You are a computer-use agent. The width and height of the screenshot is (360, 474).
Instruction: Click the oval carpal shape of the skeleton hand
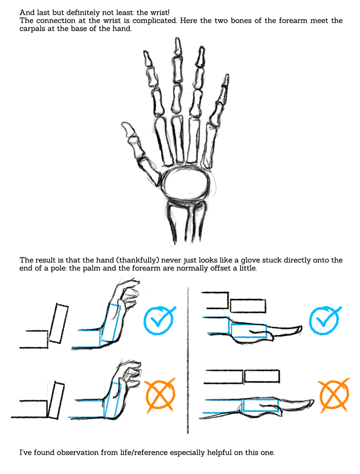[x=186, y=183]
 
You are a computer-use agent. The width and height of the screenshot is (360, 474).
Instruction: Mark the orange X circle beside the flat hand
[x=334, y=395]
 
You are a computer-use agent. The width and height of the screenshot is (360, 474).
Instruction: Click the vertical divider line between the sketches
[x=188, y=360]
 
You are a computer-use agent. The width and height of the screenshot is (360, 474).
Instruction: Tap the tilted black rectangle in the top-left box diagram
[x=59, y=324]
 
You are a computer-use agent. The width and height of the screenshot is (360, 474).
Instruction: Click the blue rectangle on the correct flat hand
[x=248, y=331]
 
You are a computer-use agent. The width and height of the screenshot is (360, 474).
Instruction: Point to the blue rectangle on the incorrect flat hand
[x=261, y=405]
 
